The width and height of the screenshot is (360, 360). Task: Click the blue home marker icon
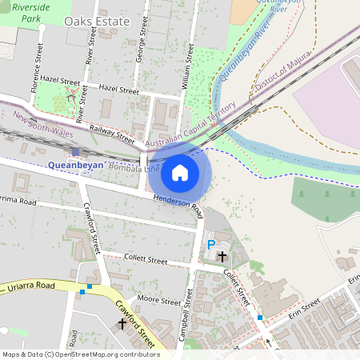tap(180, 172)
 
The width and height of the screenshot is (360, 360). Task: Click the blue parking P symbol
tap(211, 245)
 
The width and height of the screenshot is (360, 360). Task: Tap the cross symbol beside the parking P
tap(222, 256)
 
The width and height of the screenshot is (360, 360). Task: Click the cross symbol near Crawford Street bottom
tap(122, 323)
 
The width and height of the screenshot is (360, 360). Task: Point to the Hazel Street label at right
tap(118, 90)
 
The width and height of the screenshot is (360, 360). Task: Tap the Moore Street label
tap(159, 301)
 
